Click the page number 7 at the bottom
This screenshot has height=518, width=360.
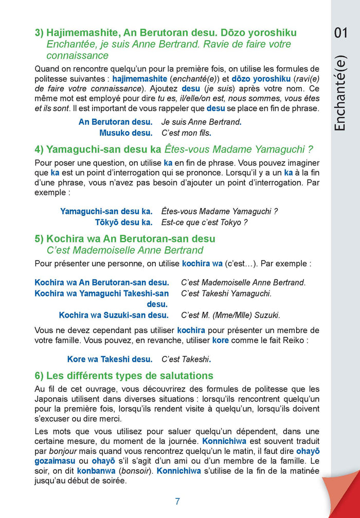pyautogui.click(x=177, y=502)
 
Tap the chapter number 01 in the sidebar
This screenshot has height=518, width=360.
pyautogui.click(x=341, y=33)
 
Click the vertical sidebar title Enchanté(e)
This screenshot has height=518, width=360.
pyautogui.click(x=341, y=92)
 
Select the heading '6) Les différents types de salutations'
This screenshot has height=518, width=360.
pyautogui.click(x=123, y=376)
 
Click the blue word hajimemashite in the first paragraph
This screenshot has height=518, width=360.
pyautogui.click(x=139, y=79)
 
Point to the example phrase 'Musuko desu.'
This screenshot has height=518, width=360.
pyautogui.click(x=125, y=133)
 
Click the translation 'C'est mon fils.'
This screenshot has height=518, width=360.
pyautogui.click(x=187, y=133)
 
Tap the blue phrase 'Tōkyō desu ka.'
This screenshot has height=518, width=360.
pyautogui.click(x=123, y=222)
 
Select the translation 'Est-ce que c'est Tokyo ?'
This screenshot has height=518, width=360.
pyautogui.click(x=205, y=222)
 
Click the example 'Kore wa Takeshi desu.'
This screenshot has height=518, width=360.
pyautogui.click(x=110, y=359)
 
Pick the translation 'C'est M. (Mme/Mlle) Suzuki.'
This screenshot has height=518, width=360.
pyautogui.click(x=230, y=315)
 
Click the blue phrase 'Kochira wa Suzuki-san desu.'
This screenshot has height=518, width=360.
pyautogui.click(x=114, y=315)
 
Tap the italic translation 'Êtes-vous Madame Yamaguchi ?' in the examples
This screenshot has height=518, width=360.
pyautogui.click(x=220, y=211)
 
